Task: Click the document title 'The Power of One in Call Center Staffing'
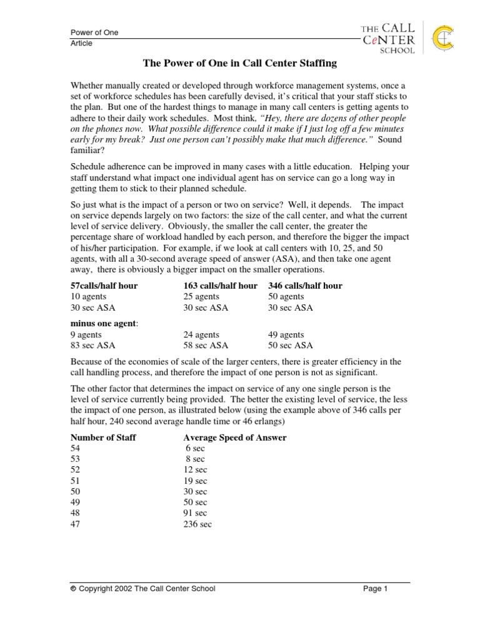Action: pyautogui.click(x=239, y=63)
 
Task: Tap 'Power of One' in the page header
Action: pyautogui.click(x=94, y=32)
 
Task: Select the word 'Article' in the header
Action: pyautogui.click(x=81, y=44)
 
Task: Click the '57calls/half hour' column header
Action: pyautogui.click(x=104, y=286)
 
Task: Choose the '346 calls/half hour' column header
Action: pyautogui.click(x=305, y=286)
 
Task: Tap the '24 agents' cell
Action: pyautogui.click(x=201, y=334)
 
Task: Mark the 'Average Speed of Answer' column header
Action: pyautogui.click(x=235, y=437)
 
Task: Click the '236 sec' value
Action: pyautogui.click(x=197, y=524)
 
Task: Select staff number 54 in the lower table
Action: pyautogui.click(x=75, y=449)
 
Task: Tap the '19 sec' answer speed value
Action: pyautogui.click(x=196, y=481)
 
